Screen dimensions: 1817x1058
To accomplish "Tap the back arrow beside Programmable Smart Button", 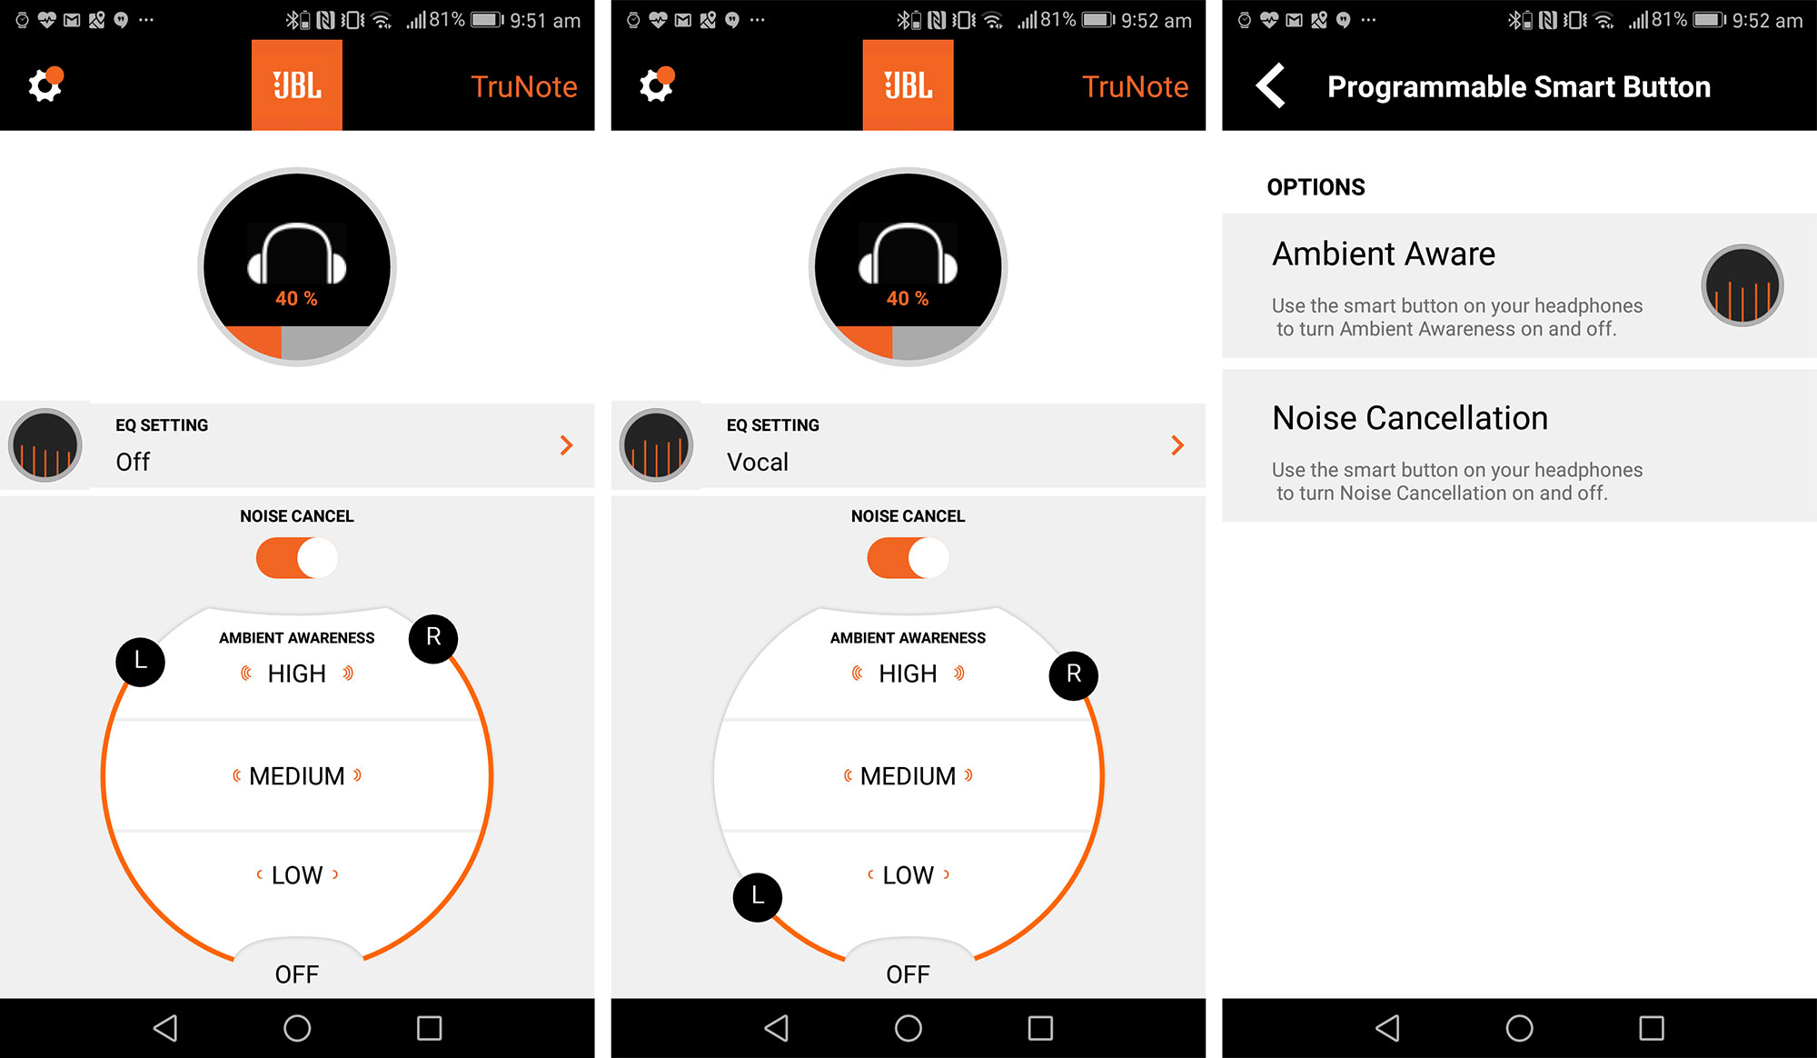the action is point(1270,85).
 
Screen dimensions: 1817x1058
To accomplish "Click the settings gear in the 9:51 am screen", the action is point(45,85).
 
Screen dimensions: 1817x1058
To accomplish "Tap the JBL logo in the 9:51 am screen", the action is point(297,85).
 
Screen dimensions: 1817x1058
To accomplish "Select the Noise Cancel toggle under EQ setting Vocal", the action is point(908,558).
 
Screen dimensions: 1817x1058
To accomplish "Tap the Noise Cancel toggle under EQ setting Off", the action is point(297,558).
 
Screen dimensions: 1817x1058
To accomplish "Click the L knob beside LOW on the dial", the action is point(758,897).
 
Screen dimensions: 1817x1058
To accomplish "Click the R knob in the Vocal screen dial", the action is point(1074,675).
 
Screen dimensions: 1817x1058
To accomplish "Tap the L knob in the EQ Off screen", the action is point(141,662).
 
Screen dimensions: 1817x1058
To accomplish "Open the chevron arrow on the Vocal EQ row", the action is point(1177,445).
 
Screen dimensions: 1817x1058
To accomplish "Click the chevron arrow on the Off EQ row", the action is point(567,445).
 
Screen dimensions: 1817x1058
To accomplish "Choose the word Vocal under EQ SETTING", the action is point(758,462).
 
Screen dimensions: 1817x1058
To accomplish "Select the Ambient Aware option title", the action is point(1384,254).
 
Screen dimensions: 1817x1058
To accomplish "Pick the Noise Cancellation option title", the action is point(1410,418).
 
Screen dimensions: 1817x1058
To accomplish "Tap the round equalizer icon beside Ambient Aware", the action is point(1743,285).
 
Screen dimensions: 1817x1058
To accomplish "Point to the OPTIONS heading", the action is point(1316,187).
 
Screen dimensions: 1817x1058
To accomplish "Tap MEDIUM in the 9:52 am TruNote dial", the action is point(908,776).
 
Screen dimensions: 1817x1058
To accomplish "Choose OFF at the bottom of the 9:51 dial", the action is point(297,974).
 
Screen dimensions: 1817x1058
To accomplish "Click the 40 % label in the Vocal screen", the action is point(908,298).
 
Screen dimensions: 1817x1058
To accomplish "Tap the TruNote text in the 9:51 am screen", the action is point(524,86).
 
